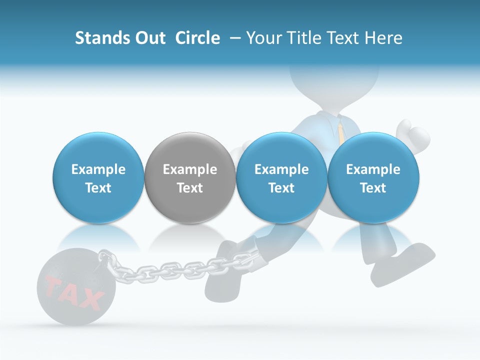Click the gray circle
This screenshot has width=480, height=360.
(190, 178)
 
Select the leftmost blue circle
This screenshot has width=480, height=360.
(98, 178)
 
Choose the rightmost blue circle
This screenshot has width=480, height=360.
(373, 178)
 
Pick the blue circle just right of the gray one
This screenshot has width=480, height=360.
(281, 178)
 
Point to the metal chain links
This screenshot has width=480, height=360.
(165, 270)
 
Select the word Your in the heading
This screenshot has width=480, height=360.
(262, 38)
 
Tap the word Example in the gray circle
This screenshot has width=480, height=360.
(190, 169)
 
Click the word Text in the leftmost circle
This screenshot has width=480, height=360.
(98, 188)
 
